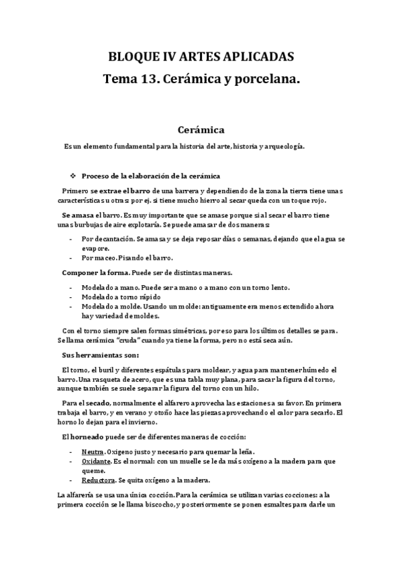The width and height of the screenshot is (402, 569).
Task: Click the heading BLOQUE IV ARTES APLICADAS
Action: click(201, 56)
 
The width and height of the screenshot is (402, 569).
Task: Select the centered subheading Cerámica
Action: click(201, 128)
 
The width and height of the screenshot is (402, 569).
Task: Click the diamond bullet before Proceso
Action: click(72, 176)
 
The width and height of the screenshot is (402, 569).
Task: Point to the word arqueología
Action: click(285, 146)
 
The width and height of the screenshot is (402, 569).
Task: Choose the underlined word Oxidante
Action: click(96, 462)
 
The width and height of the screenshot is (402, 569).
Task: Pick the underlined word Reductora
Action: click(98, 480)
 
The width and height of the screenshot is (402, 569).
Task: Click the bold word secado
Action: click(95, 403)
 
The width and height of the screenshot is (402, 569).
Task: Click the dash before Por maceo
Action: click(71, 258)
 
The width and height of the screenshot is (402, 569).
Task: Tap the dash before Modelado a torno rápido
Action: click(71, 297)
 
